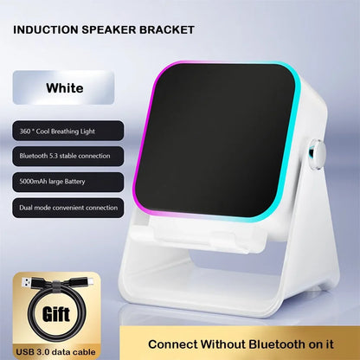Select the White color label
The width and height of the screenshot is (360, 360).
(64, 88)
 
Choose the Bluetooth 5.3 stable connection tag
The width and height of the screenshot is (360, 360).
(66, 157)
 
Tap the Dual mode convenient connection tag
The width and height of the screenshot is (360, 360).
(64, 207)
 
